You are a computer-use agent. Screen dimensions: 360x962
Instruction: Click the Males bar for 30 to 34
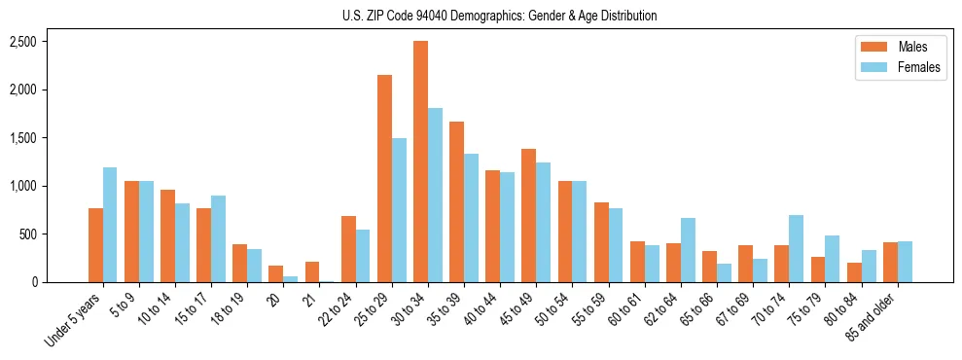click(420, 162)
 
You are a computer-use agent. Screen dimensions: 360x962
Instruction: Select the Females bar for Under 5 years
click(110, 225)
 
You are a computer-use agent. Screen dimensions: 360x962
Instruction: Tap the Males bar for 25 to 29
click(384, 179)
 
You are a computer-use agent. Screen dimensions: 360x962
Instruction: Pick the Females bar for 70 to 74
click(796, 249)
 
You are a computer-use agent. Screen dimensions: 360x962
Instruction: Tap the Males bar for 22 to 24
click(348, 249)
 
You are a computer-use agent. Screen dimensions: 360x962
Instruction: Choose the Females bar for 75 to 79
click(832, 259)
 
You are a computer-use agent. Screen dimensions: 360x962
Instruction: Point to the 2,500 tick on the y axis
click(22, 42)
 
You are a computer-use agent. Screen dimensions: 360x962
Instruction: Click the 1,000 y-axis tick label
click(22, 186)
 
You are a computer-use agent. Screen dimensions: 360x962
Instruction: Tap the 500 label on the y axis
click(28, 234)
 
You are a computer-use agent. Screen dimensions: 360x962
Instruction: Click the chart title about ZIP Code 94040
click(500, 16)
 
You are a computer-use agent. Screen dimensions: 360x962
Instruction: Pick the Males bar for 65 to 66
click(708, 267)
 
